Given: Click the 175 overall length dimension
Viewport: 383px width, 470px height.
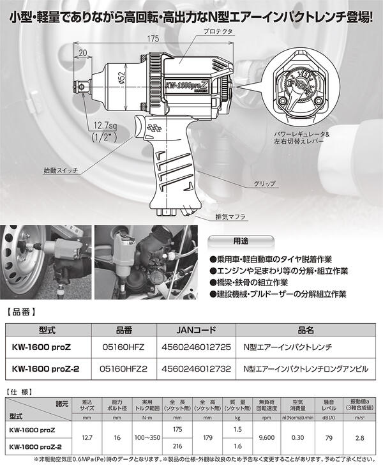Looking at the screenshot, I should (x=151, y=39).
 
